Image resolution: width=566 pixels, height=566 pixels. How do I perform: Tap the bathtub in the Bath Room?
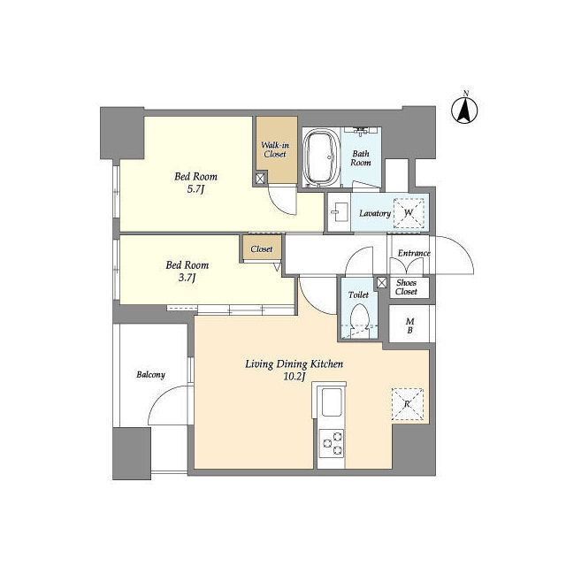click(x=321, y=157)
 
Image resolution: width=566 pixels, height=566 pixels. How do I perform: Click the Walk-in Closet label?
click(x=275, y=149)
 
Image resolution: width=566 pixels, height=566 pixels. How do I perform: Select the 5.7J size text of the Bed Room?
click(x=195, y=189)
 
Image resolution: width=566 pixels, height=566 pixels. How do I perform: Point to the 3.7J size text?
click(x=187, y=278)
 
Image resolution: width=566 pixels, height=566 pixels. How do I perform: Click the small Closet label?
click(x=262, y=249)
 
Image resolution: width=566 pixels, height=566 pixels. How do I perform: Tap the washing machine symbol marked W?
click(x=409, y=213)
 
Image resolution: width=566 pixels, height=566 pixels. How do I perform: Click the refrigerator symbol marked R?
click(x=407, y=404)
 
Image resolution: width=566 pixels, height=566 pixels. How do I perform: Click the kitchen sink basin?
click(x=332, y=402)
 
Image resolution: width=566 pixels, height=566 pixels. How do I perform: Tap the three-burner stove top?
click(x=331, y=443)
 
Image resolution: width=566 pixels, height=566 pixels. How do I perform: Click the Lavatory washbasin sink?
click(x=340, y=212)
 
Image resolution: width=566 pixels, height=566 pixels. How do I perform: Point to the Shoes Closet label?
click(x=406, y=287)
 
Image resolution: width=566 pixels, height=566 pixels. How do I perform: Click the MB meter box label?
click(x=409, y=325)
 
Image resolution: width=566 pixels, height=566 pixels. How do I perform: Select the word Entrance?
click(x=414, y=253)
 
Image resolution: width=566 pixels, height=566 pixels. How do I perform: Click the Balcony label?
click(x=150, y=375)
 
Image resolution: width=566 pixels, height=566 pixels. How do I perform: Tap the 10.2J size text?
click(x=294, y=377)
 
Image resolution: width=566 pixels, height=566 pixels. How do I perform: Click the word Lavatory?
click(x=375, y=213)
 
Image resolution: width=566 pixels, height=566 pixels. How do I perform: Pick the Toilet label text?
click(x=358, y=294)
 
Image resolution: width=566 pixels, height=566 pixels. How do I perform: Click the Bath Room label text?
click(x=361, y=158)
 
